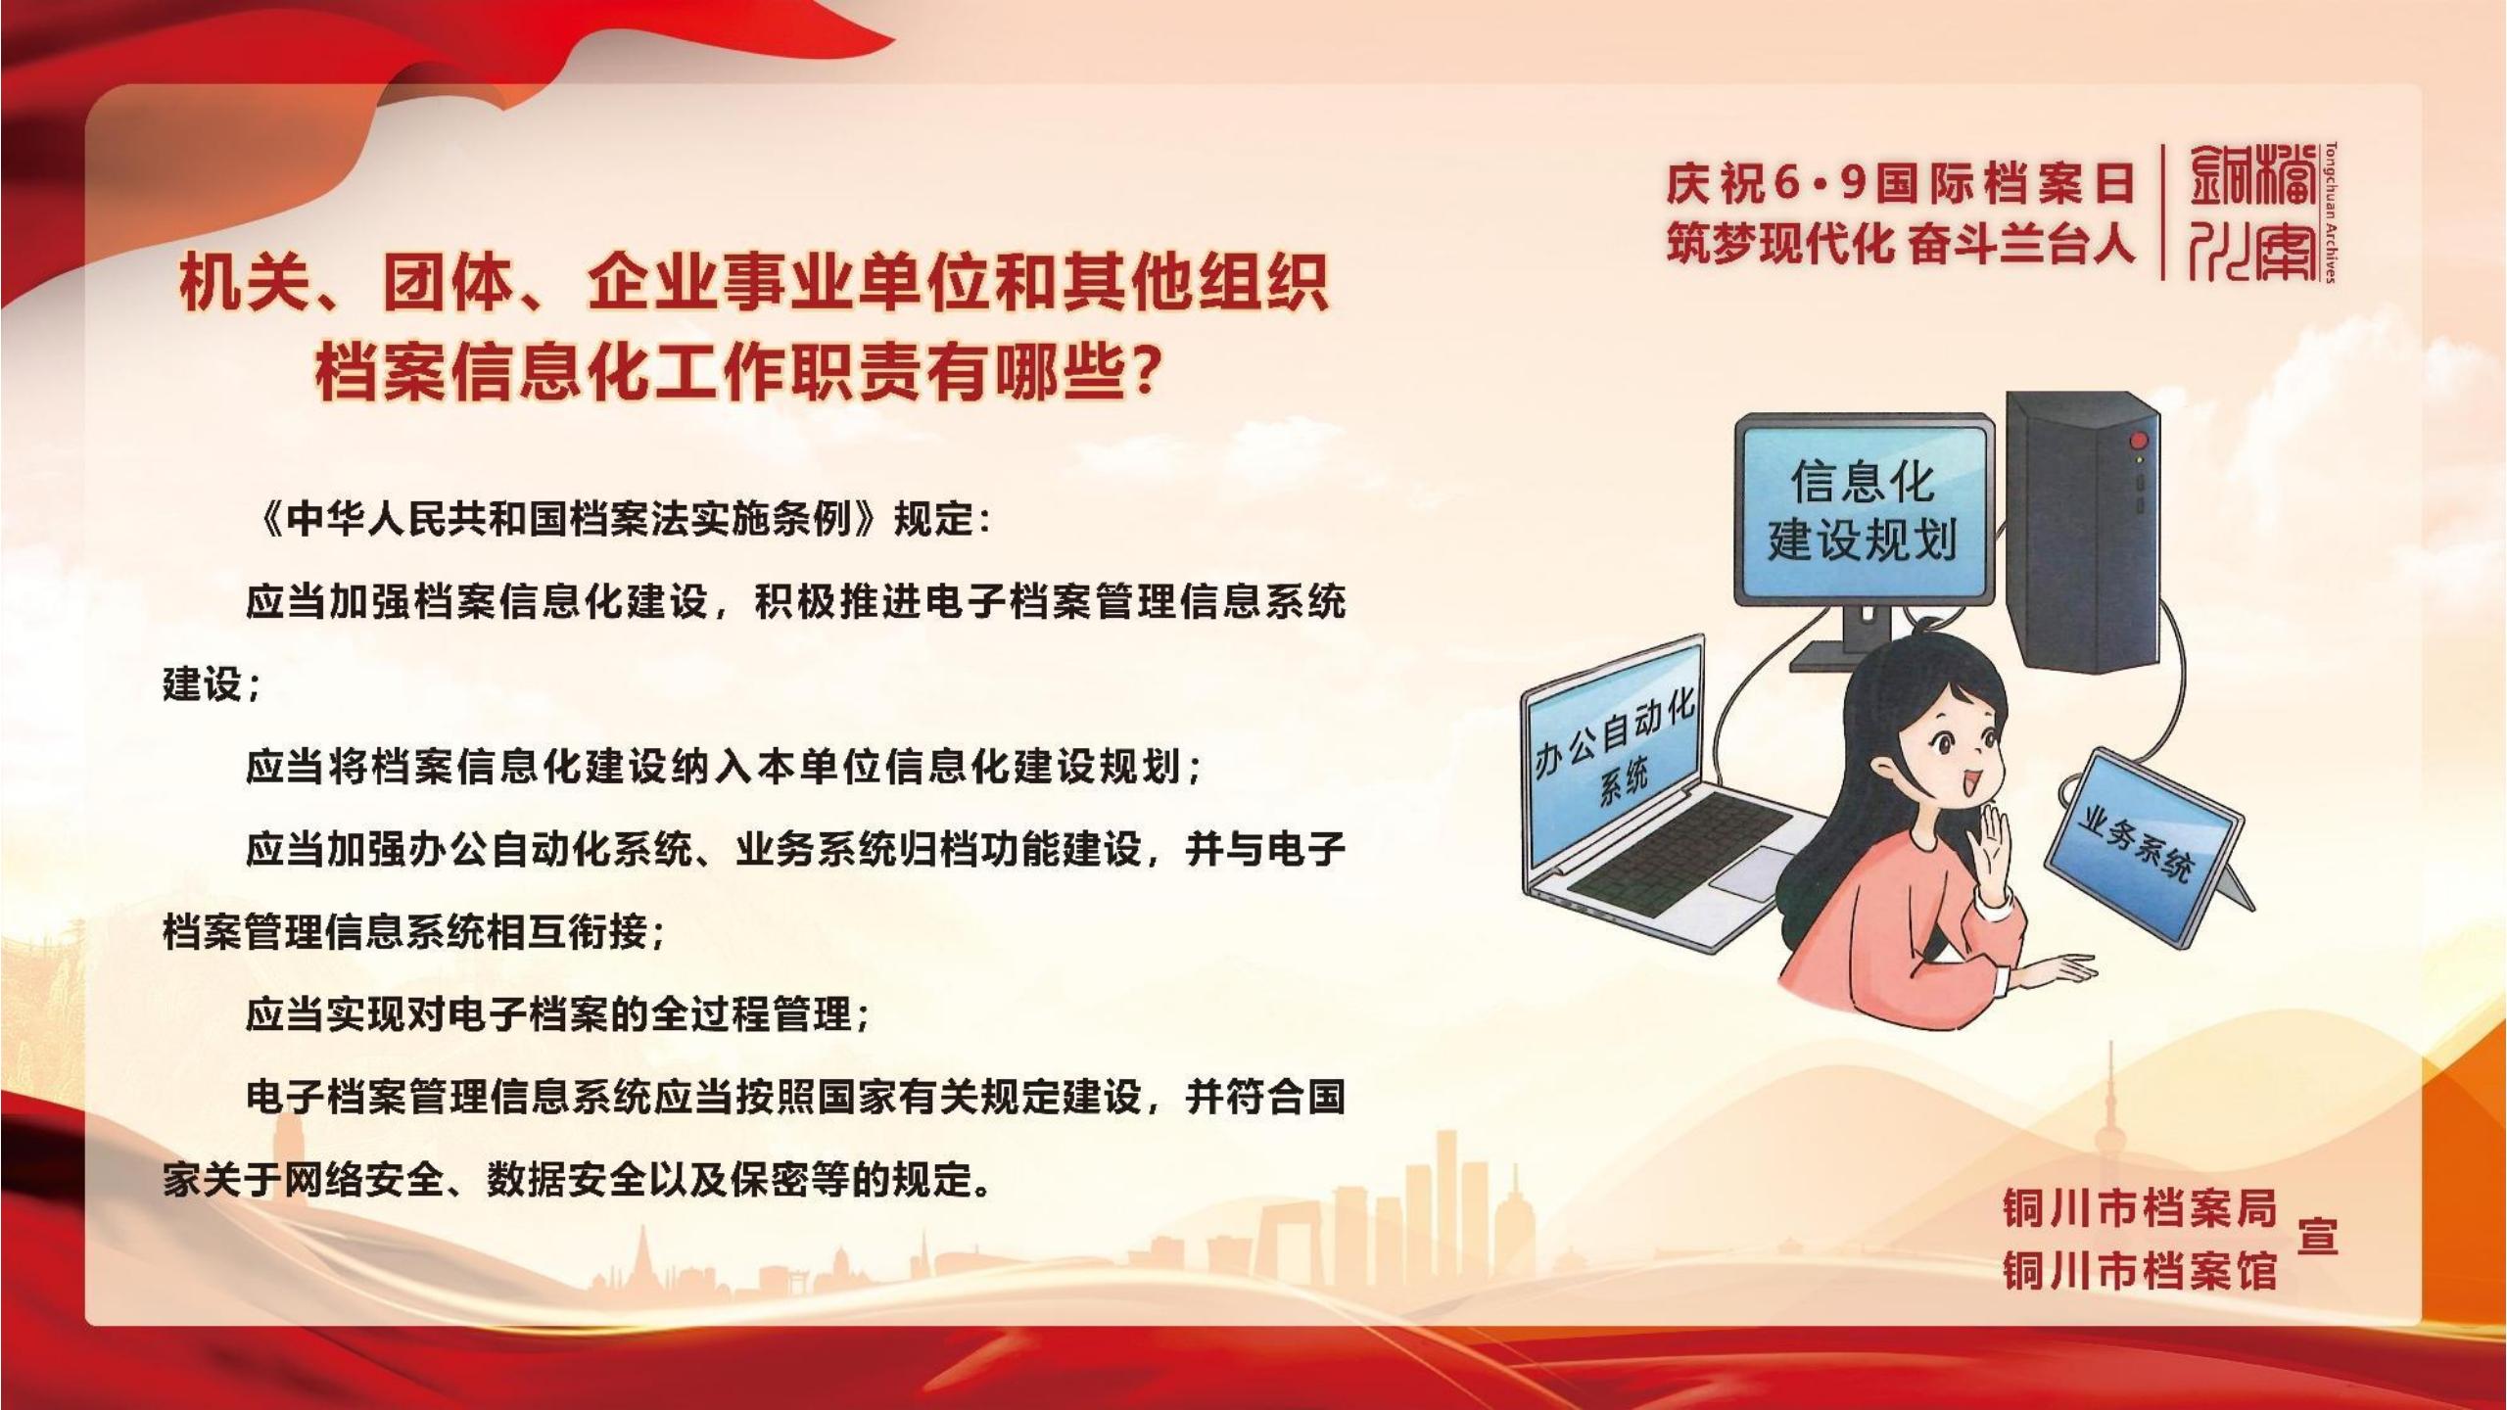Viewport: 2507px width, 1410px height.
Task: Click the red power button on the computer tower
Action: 2139,440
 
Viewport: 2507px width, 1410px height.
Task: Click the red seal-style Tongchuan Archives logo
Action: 2253,212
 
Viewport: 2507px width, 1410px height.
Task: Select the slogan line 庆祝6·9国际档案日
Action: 1900,184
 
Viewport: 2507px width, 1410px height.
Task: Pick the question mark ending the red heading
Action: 1140,370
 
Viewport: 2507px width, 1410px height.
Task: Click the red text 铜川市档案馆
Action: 2140,1270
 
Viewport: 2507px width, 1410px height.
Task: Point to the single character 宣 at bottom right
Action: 2317,1238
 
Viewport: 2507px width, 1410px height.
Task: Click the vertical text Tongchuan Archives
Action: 2331,211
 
